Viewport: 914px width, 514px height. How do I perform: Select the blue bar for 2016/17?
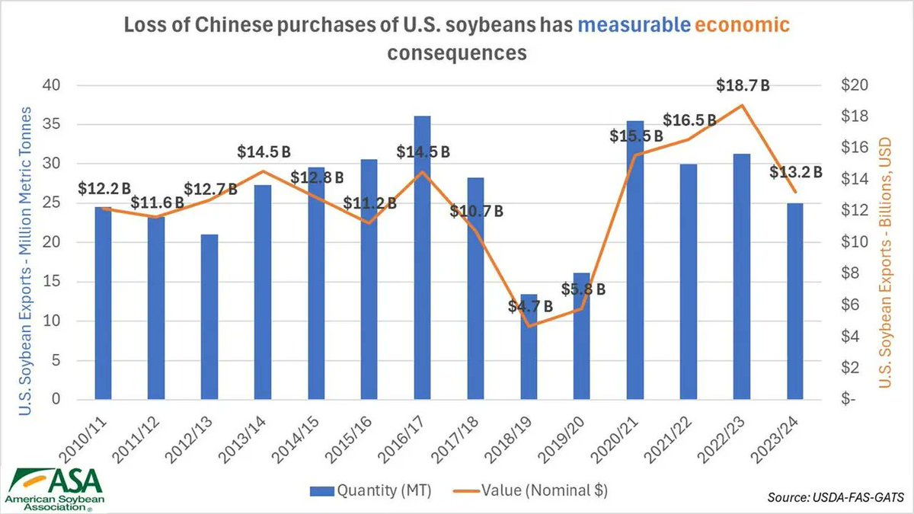(422, 259)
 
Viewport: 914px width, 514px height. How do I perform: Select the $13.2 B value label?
(796, 172)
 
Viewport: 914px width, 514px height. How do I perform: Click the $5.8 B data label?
(583, 289)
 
